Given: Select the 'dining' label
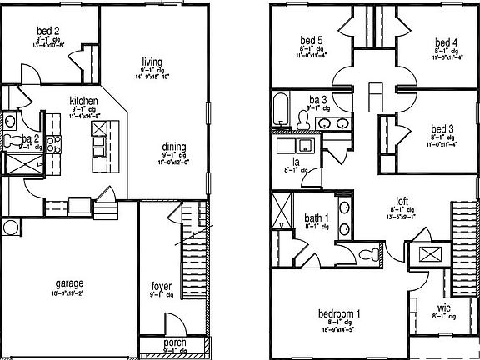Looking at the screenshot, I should pos(174,148).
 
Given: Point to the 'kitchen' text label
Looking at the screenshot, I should pos(83,100).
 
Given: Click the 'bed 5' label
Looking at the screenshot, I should pos(312,41).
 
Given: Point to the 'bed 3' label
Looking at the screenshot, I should pos(442,129).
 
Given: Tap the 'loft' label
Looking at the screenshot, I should pos(402,200).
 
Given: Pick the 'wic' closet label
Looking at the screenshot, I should pos(444,307).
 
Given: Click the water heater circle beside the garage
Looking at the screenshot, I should pos(10,227).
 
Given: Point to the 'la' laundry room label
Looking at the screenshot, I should pos(296,162).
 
